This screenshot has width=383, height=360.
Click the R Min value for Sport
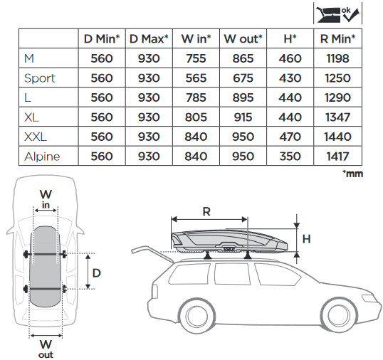tap(337, 78)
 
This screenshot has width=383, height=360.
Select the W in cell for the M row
tap(196, 58)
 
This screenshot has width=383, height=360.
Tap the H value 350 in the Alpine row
tap(290, 157)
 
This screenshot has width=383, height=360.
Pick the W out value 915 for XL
tap(243, 117)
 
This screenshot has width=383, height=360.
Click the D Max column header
tap(149, 39)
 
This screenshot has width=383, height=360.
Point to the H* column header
tap(290, 39)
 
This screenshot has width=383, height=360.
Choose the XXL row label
tap(36, 137)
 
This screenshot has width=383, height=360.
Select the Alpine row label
tap(42, 157)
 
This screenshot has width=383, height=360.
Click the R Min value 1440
tap(337, 137)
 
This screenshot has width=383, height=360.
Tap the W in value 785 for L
tap(196, 97)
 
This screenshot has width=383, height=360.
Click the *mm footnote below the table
tap(352, 174)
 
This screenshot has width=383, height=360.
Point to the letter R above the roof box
tap(206, 211)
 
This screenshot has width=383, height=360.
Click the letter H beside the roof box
tap(306, 239)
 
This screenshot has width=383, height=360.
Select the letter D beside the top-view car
tap(97, 273)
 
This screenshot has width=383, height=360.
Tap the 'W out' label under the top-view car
tap(46, 349)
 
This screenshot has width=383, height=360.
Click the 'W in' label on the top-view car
tap(46, 199)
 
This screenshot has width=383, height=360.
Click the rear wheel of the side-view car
tap(197, 315)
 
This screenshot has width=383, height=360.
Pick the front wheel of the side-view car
tap(338, 315)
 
